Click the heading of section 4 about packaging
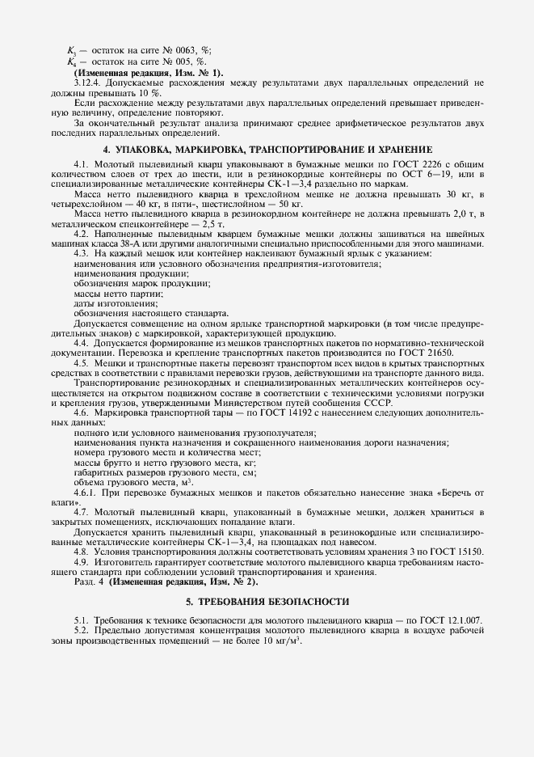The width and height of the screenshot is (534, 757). [267, 150]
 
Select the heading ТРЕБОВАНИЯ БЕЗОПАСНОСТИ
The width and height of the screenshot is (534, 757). [267, 602]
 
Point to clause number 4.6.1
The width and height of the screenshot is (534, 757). [86, 493]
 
